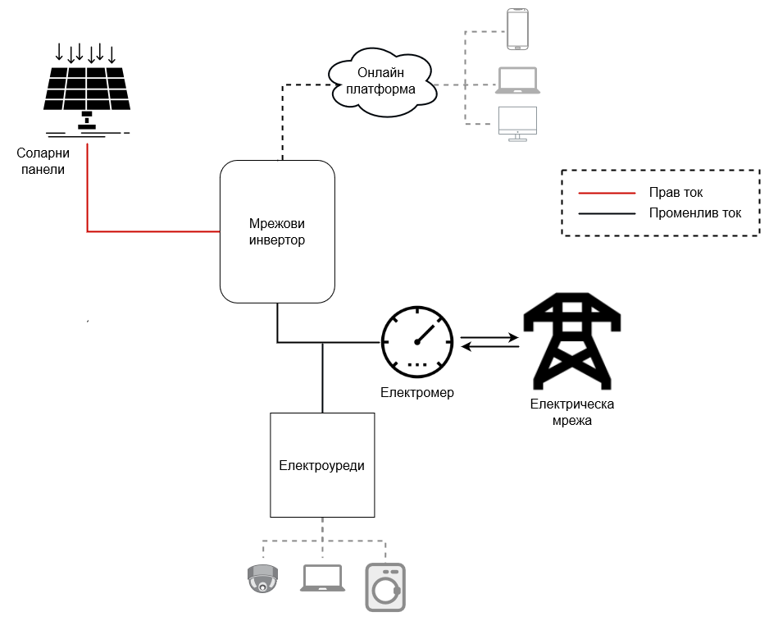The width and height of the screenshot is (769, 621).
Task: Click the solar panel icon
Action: click(86, 90)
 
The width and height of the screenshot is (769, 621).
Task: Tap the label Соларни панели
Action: click(43, 161)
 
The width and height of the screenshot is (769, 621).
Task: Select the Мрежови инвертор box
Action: click(277, 232)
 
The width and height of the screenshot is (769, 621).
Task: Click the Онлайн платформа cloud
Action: click(380, 80)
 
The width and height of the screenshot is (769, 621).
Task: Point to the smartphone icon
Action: click(517, 30)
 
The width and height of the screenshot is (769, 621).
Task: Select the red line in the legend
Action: click(607, 193)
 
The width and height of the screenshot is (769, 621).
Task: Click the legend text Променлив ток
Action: click(694, 213)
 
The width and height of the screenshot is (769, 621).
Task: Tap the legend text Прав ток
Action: click(676, 193)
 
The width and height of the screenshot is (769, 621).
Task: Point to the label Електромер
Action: click(416, 393)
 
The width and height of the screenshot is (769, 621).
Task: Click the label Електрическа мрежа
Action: click(571, 412)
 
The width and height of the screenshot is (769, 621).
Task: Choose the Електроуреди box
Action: click(322, 465)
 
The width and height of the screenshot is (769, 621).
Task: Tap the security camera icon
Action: click(262, 578)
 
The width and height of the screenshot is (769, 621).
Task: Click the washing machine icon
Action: click(385, 587)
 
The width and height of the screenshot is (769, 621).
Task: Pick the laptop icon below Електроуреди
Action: click(322, 578)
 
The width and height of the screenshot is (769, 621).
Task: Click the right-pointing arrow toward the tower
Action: click(489, 337)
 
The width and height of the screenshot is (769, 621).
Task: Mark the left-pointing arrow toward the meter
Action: click(489, 347)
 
